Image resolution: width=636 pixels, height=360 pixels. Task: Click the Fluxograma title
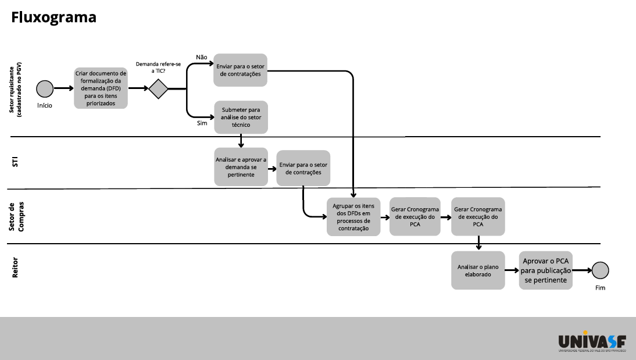point(53,18)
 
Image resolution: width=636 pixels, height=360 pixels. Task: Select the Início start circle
point(45,89)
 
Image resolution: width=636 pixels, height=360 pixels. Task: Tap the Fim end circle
point(600,270)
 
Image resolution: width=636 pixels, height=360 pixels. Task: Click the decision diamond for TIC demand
point(158,89)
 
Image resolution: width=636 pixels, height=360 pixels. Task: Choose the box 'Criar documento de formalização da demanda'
point(101,88)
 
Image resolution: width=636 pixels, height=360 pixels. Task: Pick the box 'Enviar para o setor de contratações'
point(240,70)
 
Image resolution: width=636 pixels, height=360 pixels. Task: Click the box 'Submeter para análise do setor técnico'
point(240,117)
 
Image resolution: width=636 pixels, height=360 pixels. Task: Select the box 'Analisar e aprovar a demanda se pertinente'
point(241,167)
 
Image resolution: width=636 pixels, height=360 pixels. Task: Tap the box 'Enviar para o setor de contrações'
point(303,169)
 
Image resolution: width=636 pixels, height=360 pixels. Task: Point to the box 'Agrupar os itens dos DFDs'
point(353,217)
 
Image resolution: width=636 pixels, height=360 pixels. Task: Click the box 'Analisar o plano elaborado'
point(478,270)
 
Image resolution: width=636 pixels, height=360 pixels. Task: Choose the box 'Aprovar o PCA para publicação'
point(546,270)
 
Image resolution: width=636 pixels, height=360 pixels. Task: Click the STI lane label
point(16,162)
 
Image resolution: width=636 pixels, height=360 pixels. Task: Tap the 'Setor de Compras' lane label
point(16,217)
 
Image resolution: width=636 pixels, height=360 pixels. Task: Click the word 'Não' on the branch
point(202,57)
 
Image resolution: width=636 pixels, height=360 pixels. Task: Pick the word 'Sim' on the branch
point(202,123)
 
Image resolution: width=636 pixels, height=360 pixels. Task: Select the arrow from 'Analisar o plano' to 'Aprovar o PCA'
point(512,270)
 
